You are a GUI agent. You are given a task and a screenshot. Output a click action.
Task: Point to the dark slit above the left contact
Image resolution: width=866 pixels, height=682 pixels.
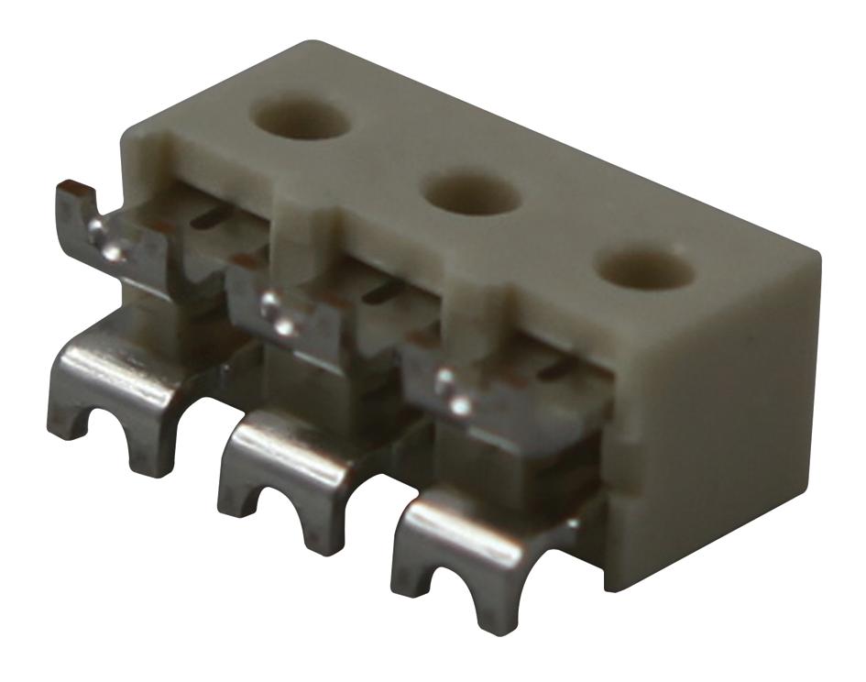coord(216,216)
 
